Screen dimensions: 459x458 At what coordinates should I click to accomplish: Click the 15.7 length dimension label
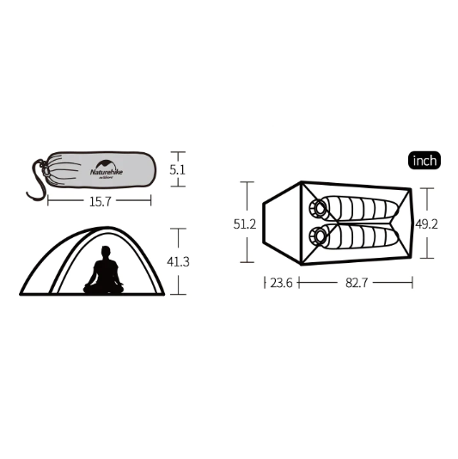tap(100, 202)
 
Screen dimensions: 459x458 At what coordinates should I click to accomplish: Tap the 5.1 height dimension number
tap(178, 170)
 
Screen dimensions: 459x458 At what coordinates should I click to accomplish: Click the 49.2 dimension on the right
tap(428, 223)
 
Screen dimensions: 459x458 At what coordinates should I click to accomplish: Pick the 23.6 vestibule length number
tap(280, 282)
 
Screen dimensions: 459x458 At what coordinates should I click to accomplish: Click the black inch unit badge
tap(424, 161)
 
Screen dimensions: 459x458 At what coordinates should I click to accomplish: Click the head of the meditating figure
tap(106, 253)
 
